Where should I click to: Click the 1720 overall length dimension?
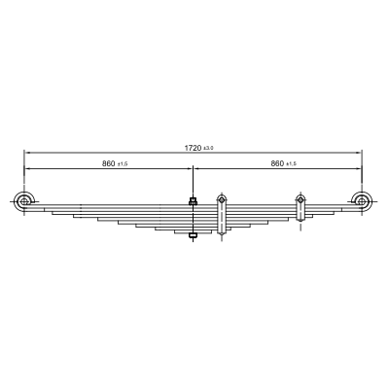[x=193, y=148]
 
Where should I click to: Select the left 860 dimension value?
[x=109, y=163]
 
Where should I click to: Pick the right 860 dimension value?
[x=277, y=163]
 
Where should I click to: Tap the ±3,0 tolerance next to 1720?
[x=208, y=148]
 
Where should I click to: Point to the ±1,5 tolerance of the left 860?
[x=123, y=164]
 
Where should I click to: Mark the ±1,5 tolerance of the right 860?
[x=291, y=164]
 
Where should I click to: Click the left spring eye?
[x=24, y=201]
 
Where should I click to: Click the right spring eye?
[x=361, y=201]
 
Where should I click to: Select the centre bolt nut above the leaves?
[x=194, y=201]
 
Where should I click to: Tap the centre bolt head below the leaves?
[x=194, y=235]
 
